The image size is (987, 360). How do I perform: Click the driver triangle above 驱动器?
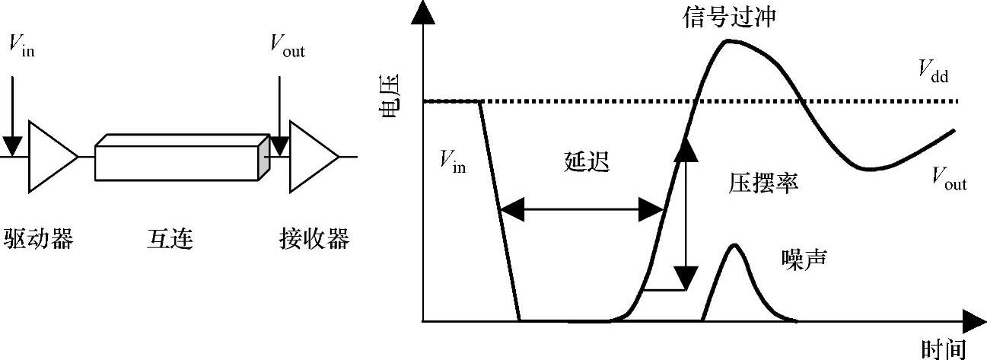pos(50,156)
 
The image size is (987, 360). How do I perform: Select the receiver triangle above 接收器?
pos(311,156)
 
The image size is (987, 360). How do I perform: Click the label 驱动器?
pos(39,239)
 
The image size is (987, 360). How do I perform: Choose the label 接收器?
pos(313,239)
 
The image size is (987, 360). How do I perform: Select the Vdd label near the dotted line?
pos(933,73)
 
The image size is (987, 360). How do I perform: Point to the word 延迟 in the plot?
pos(587,162)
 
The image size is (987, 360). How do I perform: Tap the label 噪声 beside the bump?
pos(804,259)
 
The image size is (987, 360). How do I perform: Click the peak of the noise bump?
pos(734,245)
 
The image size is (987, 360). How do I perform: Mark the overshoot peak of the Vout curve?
pos(728,40)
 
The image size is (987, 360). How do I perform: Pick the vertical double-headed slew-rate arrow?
pos(686,213)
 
